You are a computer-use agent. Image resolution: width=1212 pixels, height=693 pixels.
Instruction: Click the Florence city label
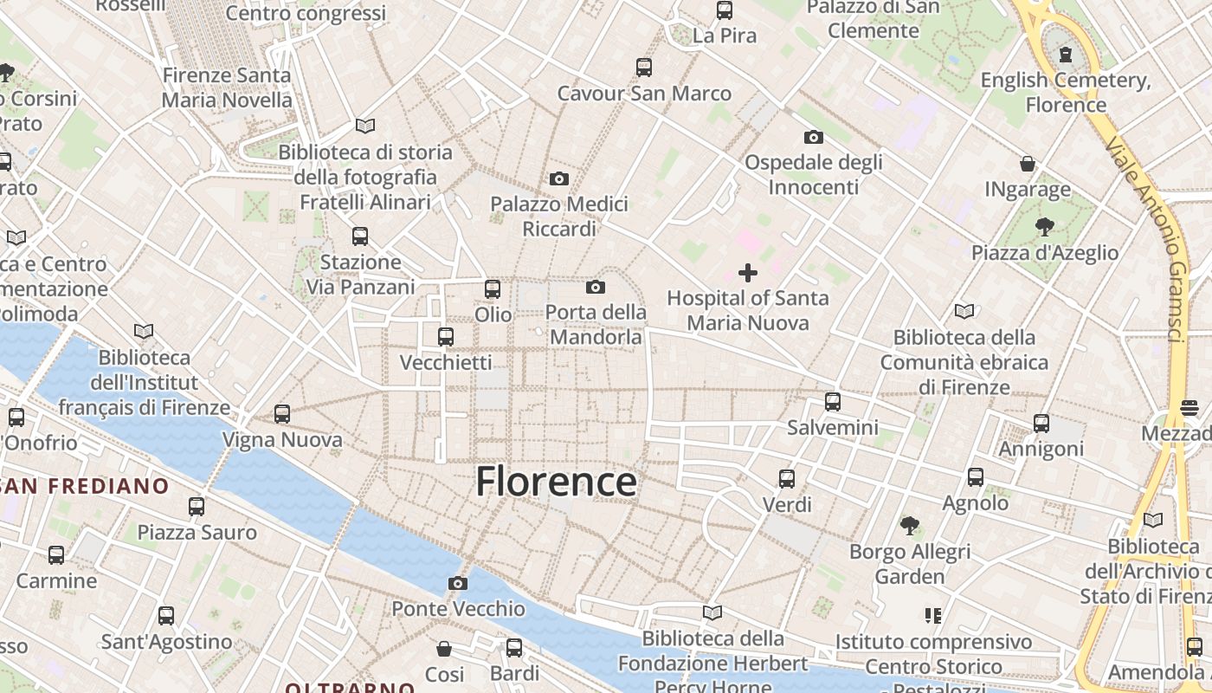point(556,482)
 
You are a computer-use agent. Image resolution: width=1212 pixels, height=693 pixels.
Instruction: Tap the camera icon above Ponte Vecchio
point(458,583)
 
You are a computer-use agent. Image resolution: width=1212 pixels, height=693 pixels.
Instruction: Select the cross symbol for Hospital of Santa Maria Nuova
point(748,274)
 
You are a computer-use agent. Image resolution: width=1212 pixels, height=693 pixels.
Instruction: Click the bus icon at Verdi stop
point(787,478)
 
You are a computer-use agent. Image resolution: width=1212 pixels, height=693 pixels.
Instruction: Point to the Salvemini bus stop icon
point(833,402)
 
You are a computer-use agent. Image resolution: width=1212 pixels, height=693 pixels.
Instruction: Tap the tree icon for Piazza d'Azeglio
point(1045,227)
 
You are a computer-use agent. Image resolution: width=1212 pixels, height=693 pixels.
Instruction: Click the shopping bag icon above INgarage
point(1028,164)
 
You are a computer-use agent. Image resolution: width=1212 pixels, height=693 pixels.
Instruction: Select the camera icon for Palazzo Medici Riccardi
point(559,178)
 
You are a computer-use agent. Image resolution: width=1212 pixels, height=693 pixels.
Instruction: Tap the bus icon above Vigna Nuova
point(282,414)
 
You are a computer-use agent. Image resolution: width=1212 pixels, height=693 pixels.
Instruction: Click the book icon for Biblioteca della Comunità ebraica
point(964,311)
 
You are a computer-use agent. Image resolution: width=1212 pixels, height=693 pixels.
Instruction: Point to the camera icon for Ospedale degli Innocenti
point(814,137)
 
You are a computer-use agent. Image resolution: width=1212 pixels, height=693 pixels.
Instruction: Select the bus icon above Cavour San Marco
point(644,67)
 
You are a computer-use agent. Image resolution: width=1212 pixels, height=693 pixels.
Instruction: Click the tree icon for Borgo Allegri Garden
point(909,525)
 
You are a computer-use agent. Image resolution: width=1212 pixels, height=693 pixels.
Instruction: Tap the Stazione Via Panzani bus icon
point(360,236)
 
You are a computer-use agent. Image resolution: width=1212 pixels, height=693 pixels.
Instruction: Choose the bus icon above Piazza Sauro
point(197,506)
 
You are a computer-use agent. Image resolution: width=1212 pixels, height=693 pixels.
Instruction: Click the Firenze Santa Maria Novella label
point(228,87)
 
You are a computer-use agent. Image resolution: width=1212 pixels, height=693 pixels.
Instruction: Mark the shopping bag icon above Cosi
point(444,648)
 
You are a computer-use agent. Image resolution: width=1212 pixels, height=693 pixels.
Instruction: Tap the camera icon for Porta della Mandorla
point(596,287)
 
